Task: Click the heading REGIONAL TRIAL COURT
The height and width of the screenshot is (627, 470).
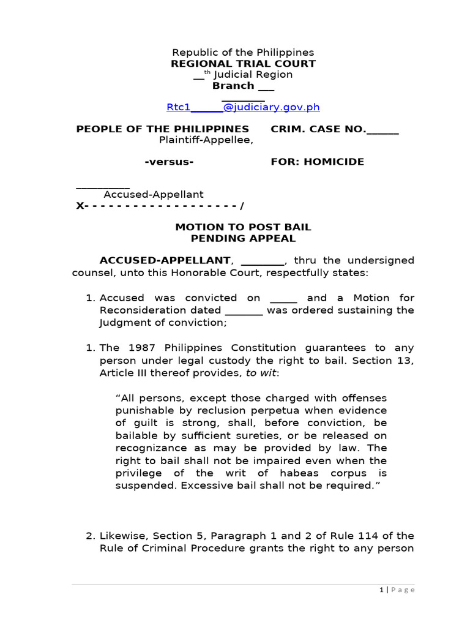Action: [x=243, y=64]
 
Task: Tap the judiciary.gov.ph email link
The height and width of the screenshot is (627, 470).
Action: [x=243, y=107]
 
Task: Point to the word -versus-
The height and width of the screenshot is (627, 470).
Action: [x=169, y=162]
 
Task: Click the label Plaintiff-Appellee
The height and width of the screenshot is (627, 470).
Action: [x=206, y=140]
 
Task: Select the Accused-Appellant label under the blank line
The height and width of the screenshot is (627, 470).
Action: [x=153, y=195]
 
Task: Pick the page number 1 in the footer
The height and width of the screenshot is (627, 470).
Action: [x=381, y=590]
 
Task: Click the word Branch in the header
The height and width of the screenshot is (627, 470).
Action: [x=233, y=86]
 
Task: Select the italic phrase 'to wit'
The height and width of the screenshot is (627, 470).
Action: [x=263, y=373]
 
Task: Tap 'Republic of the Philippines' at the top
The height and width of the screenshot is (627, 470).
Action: [x=243, y=53]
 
